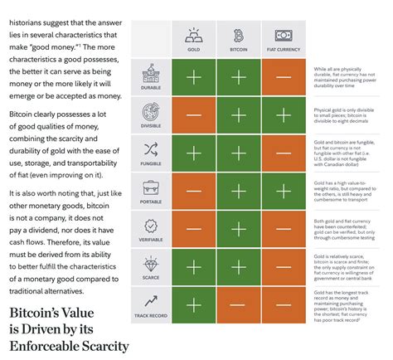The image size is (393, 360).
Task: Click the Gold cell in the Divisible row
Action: click(193, 115)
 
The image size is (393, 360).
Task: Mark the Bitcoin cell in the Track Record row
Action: click(239, 304)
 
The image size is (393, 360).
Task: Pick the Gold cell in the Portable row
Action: click(193, 191)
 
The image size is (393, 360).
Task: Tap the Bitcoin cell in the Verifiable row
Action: click(239, 229)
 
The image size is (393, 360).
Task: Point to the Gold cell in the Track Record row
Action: click(193, 304)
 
